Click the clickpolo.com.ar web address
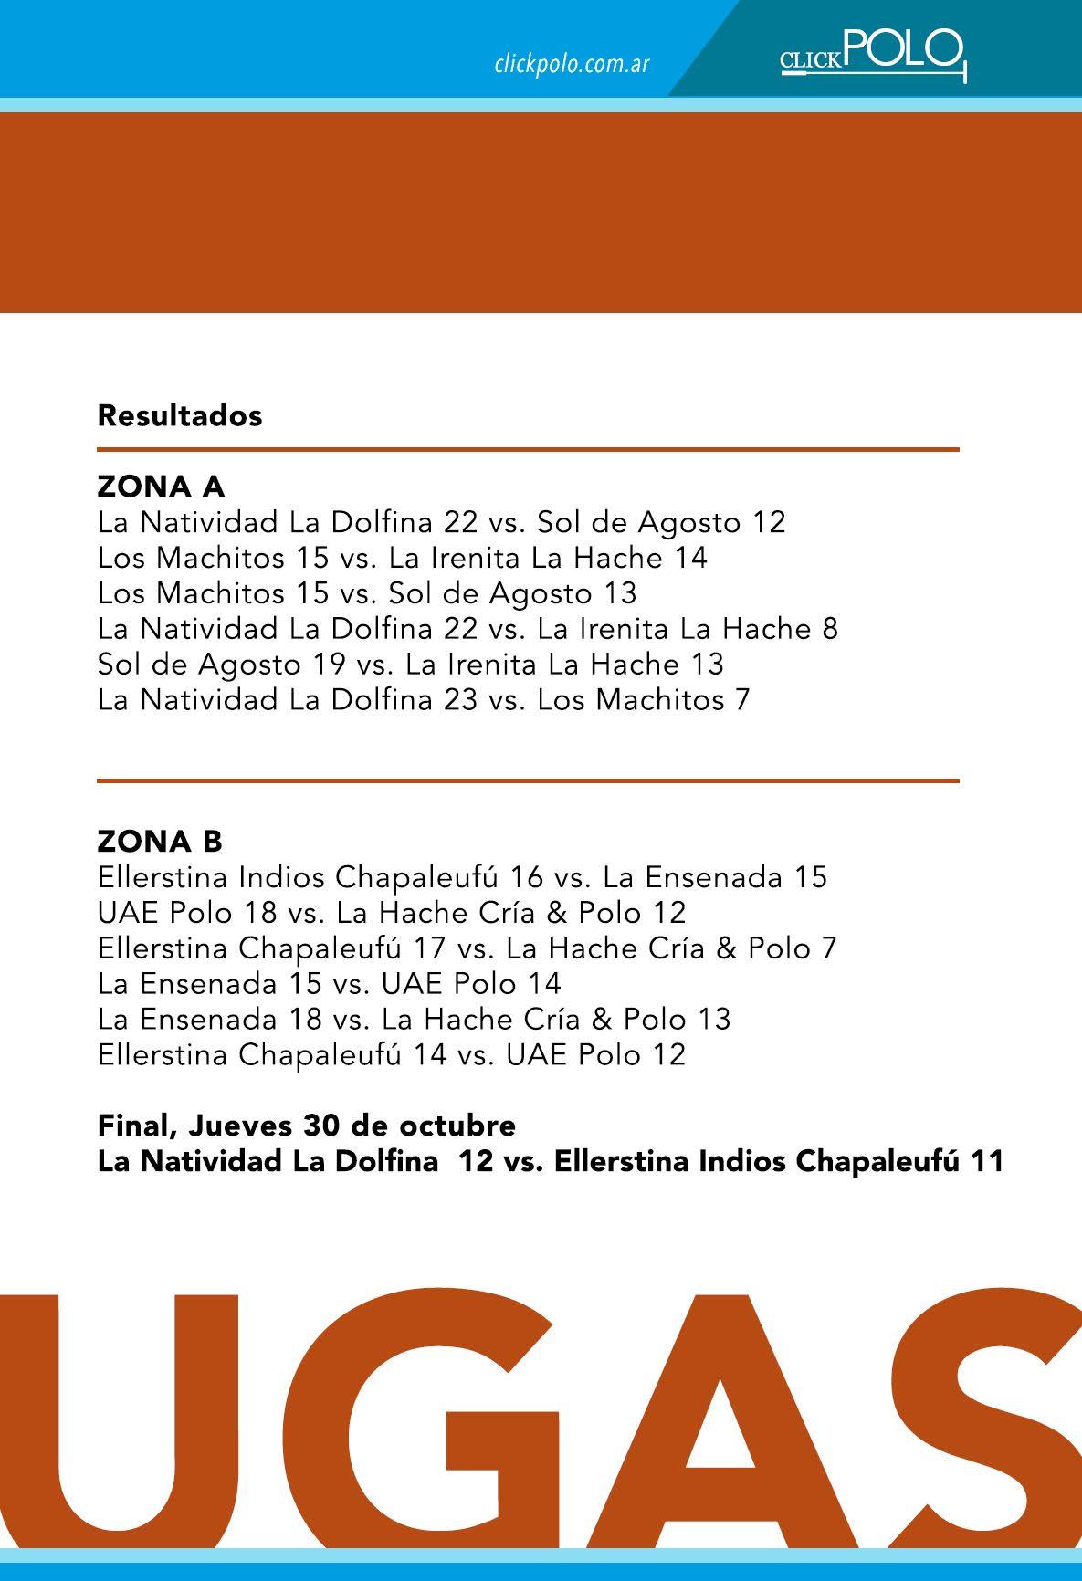coord(572,64)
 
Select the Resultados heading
coord(180,415)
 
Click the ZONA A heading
coord(161,487)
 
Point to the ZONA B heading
coord(160,841)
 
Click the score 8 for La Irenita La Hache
coord(829,629)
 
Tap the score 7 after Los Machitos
coord(741,700)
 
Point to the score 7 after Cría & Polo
coord(828,948)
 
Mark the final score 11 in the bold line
coord(987,1161)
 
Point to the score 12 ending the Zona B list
coord(667,1055)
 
